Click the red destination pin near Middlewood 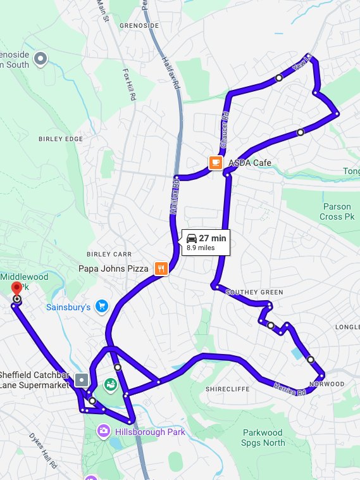[16, 289]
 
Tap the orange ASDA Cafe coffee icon [216, 163]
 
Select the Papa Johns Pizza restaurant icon [161, 268]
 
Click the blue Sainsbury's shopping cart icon [101, 307]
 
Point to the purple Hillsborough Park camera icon [104, 431]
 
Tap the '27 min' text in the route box [213, 238]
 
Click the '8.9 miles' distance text [201, 248]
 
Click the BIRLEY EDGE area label [61, 139]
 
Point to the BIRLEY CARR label [109, 254]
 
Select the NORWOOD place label [326, 384]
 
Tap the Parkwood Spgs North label [264, 438]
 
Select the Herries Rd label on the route [290, 388]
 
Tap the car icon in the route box [191, 238]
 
